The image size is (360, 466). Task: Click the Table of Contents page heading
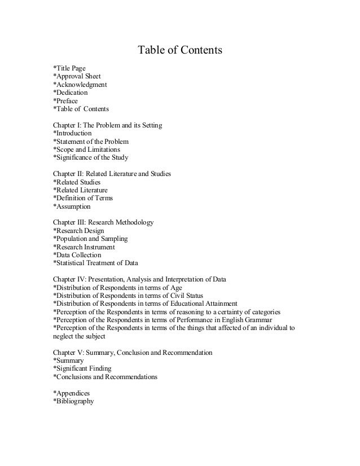(181, 51)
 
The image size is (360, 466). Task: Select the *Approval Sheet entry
(77, 76)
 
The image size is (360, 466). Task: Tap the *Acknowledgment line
(80, 85)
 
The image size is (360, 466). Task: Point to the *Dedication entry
(70, 93)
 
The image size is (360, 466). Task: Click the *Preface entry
(65, 101)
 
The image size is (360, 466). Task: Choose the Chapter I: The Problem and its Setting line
(107, 125)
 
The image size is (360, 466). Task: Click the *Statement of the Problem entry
(91, 142)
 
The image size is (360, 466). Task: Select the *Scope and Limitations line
(86, 150)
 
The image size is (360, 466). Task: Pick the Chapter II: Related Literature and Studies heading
(112, 174)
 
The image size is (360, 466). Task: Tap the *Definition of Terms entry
(83, 199)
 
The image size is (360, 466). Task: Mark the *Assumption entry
(72, 207)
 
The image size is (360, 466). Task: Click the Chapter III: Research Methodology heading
(103, 223)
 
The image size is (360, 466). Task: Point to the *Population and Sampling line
(90, 239)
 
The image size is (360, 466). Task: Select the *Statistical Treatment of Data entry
(95, 263)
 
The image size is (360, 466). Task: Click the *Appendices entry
(71, 393)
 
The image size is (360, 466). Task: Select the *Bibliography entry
(73, 402)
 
